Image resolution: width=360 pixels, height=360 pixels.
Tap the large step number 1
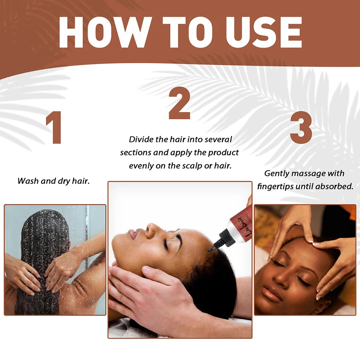pos(53,128)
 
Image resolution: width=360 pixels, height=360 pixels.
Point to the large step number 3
pos(301,128)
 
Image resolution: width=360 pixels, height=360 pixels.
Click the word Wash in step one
pos(28,181)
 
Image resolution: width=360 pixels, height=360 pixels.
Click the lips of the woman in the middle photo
pos(132,234)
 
